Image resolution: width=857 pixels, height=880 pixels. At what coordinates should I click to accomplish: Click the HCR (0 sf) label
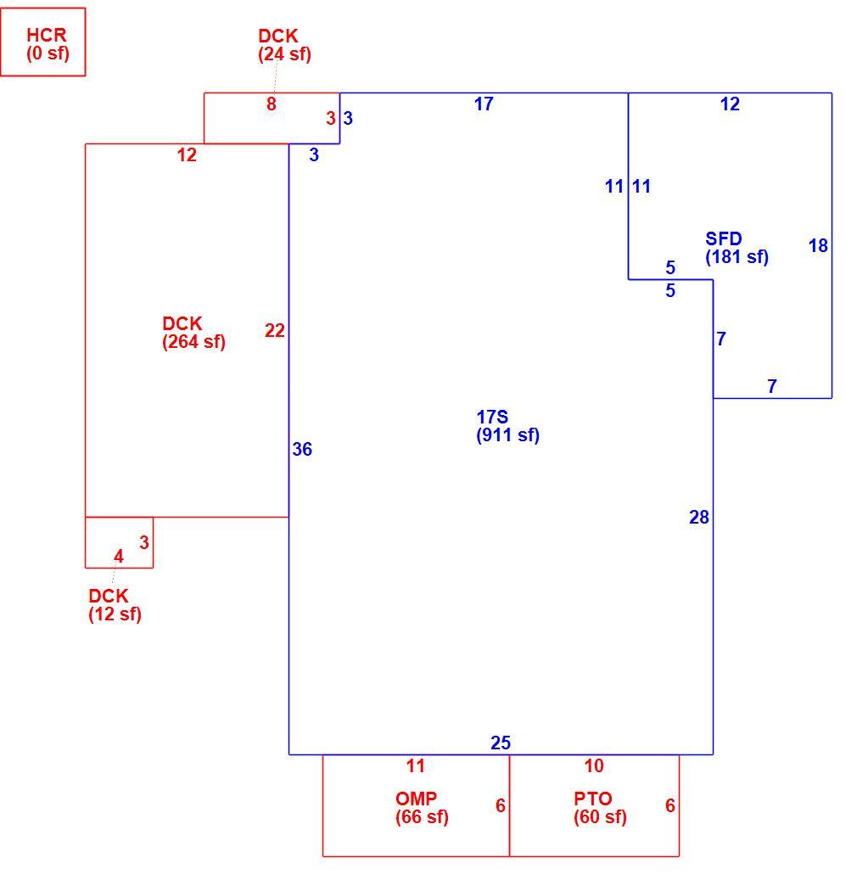point(48,44)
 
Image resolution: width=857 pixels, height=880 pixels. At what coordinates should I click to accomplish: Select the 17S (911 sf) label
point(508,426)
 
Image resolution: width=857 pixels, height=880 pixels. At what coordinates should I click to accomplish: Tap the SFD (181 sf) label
point(737,248)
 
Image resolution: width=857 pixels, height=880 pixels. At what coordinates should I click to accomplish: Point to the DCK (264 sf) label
point(193,333)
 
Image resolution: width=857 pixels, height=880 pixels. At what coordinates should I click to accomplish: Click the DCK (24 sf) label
point(284,45)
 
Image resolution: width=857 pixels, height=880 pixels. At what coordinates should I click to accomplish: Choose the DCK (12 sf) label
point(115,604)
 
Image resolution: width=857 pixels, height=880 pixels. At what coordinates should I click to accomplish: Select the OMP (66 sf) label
point(422,808)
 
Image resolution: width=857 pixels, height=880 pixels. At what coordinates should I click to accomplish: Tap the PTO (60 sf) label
point(600,808)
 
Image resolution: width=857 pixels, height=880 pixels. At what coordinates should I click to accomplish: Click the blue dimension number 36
point(302,449)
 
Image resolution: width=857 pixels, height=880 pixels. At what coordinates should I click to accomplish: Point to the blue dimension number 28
point(698,517)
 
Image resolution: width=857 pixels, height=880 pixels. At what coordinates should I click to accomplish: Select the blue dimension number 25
point(501,743)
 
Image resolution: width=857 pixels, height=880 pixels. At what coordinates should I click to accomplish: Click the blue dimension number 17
point(484,104)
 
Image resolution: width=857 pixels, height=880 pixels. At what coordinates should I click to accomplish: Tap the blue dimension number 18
point(818,246)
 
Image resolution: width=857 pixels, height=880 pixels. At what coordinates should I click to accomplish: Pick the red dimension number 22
point(274,331)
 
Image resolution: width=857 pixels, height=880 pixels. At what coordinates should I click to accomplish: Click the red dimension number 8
point(271,104)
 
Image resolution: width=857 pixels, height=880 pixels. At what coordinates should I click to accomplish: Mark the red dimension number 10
point(594,765)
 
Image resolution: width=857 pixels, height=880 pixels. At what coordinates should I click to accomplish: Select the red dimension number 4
point(119,556)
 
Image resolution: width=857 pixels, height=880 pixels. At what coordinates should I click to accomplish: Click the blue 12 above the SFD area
point(730,104)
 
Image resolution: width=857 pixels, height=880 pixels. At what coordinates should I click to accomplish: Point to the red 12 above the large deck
point(187,155)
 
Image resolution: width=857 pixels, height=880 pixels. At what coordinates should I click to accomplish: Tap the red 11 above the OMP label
point(415,765)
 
